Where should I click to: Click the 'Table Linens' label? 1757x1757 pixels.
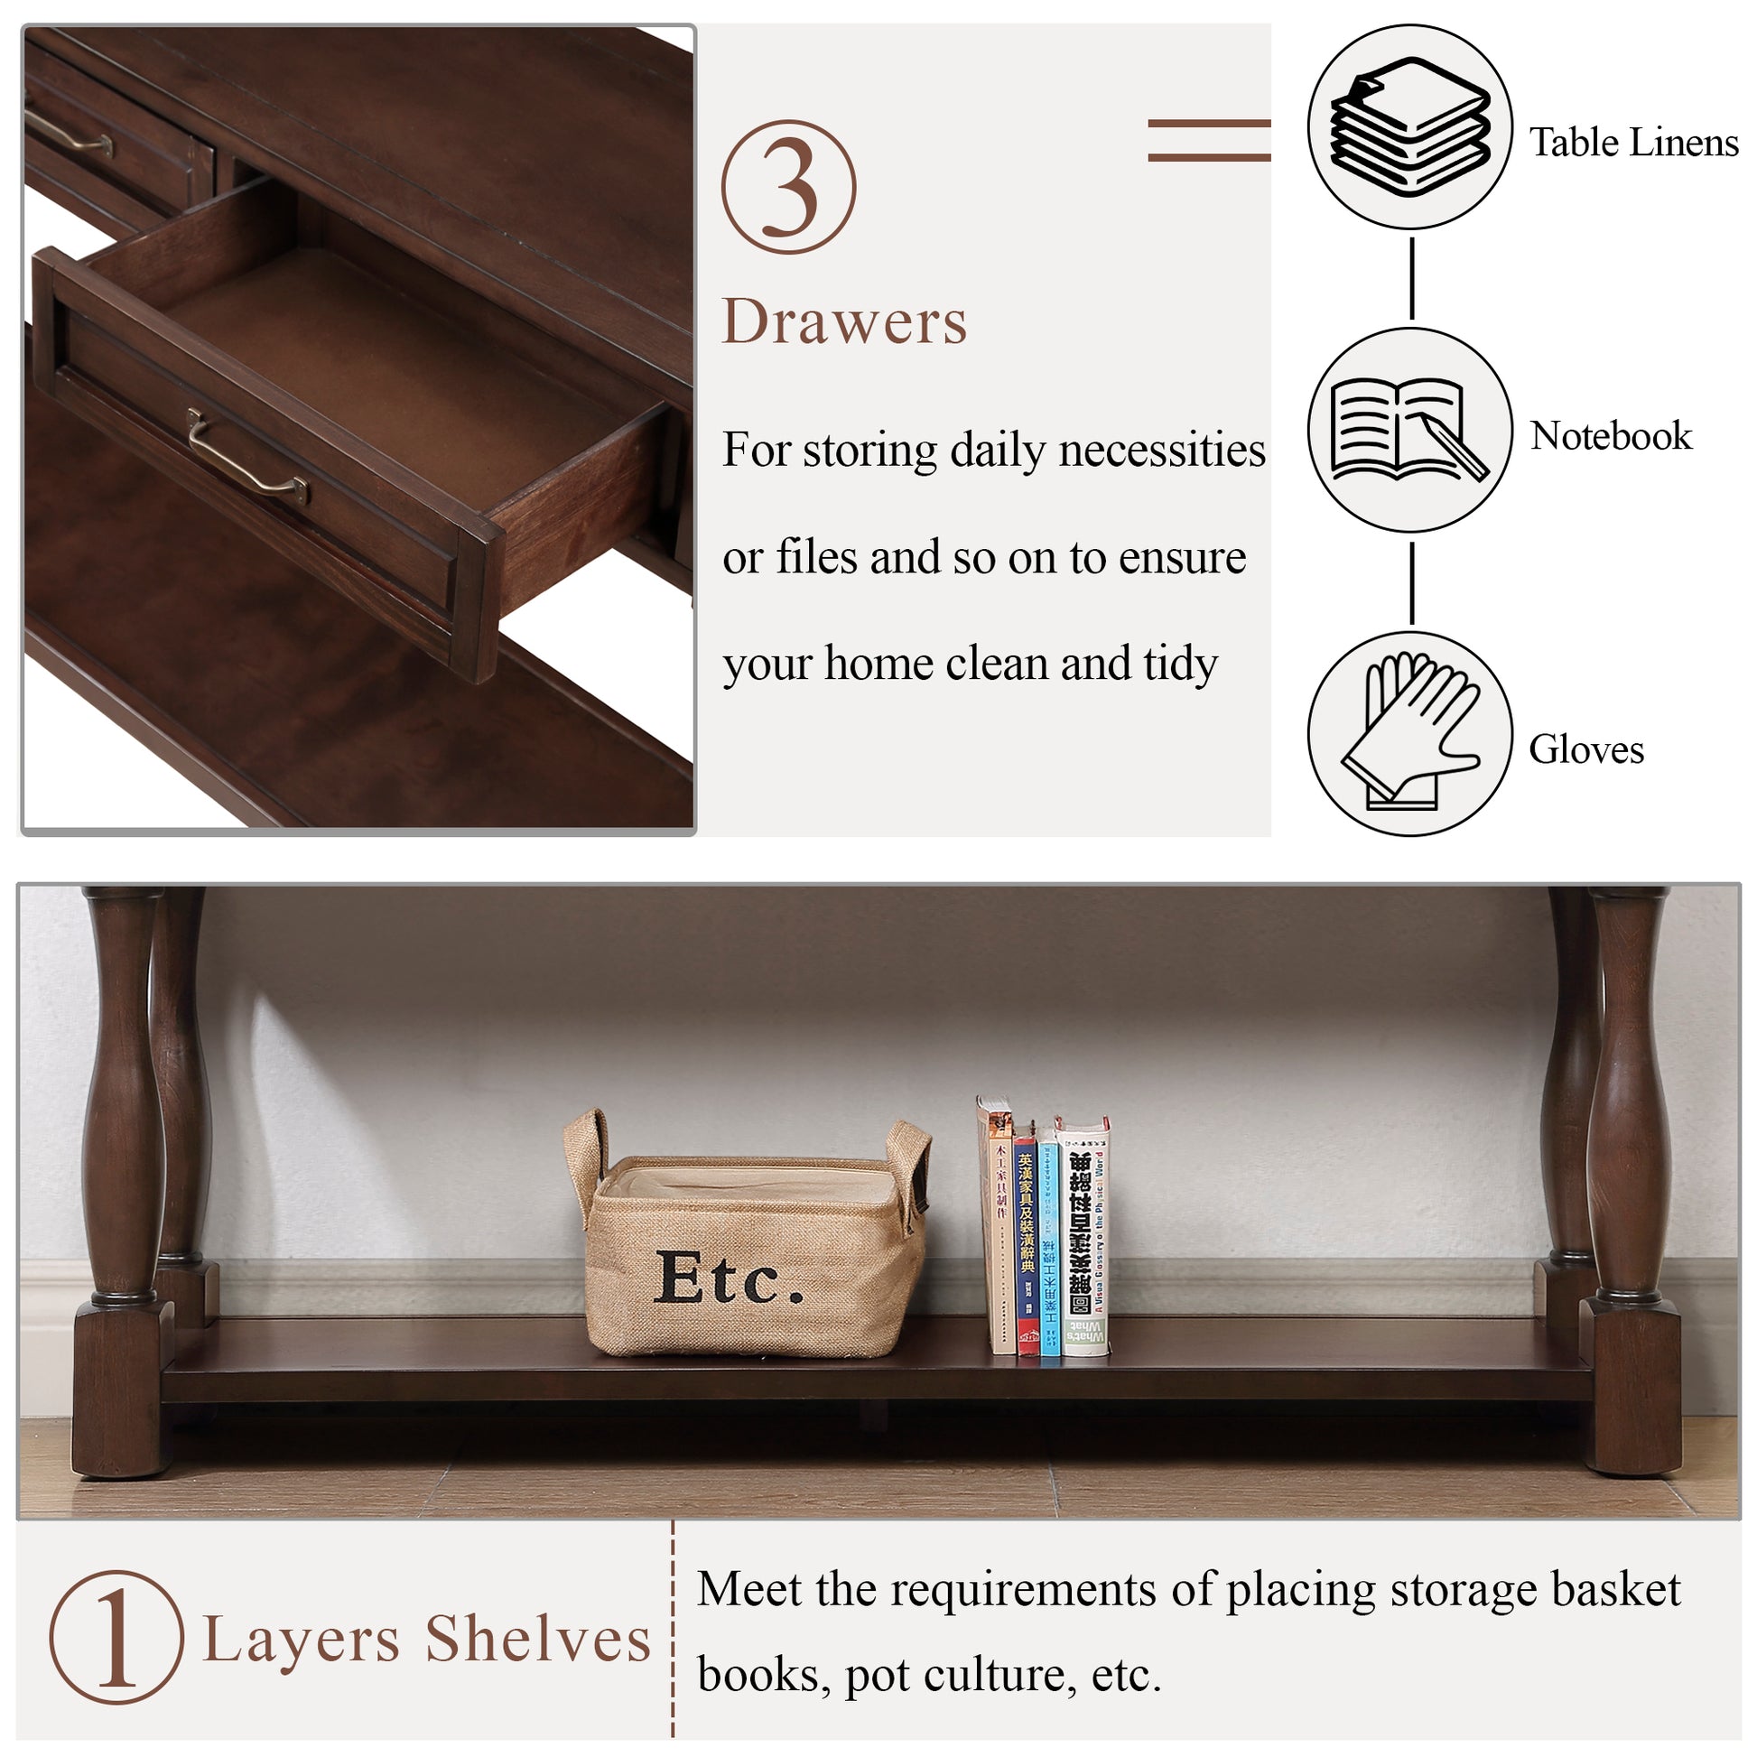1633,143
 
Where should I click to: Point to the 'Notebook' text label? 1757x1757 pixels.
1611,436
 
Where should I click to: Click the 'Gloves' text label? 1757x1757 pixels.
1586,750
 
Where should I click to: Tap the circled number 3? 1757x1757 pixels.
788,187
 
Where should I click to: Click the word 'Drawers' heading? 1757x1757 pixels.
844,322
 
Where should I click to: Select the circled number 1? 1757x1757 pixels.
116,1637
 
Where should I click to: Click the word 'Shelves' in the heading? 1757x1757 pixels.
538,1640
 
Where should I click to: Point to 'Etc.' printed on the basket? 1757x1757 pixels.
729,1278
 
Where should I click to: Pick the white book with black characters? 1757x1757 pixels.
1084,1237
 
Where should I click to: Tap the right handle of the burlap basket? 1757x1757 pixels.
912,1164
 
